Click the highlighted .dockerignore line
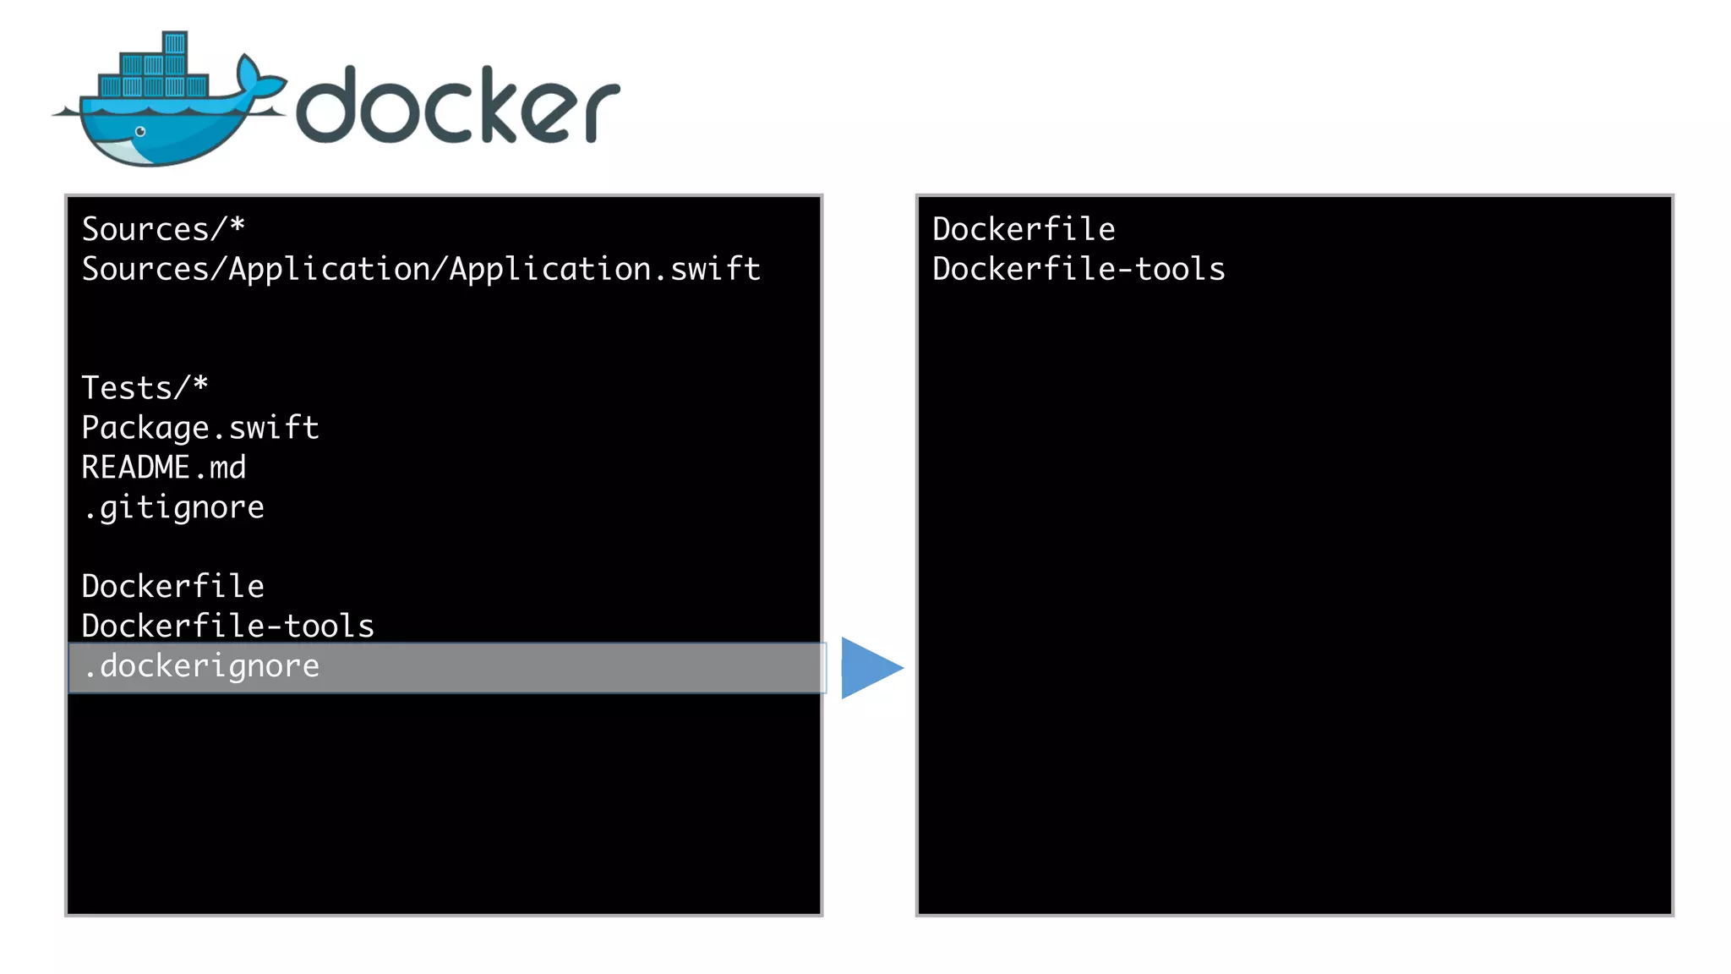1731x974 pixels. (201, 667)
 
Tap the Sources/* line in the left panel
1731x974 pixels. (163, 229)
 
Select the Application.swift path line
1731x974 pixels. (420, 269)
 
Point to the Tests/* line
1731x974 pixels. (145, 388)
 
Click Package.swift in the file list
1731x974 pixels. (200, 428)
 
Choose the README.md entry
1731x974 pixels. (164, 468)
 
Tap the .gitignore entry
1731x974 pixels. (174, 507)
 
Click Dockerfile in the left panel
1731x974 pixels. (173, 586)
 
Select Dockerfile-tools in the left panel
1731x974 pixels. (227, 626)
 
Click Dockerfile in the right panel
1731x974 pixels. (1024, 229)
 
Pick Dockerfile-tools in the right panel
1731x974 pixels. (1078, 269)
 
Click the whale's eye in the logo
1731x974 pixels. (140, 132)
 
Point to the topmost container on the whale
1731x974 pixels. (175, 43)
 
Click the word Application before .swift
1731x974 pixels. (550, 269)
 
